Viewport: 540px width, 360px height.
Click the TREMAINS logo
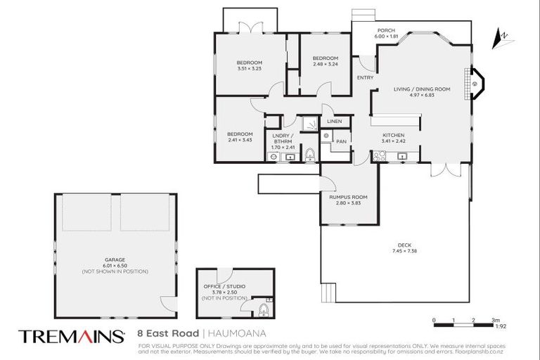[71, 336]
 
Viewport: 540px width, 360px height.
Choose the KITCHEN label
[394, 135]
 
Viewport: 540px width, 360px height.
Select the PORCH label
[386, 30]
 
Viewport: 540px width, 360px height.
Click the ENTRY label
[365, 77]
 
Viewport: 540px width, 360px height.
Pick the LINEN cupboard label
[334, 122]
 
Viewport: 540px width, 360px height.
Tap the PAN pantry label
[341, 141]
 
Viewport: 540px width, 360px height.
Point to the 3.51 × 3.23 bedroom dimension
[249, 69]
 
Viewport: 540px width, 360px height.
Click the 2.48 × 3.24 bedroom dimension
[325, 64]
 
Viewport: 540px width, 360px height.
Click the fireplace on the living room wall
[475, 83]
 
